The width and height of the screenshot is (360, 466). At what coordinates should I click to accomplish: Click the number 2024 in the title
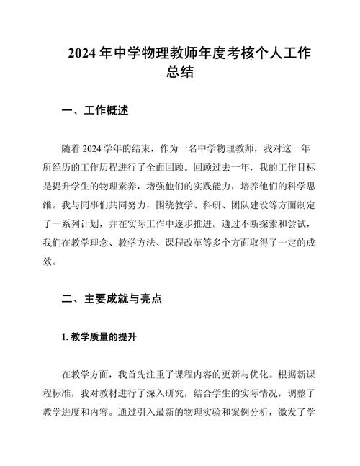(x=84, y=53)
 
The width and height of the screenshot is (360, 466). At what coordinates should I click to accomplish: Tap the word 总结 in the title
(x=180, y=73)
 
